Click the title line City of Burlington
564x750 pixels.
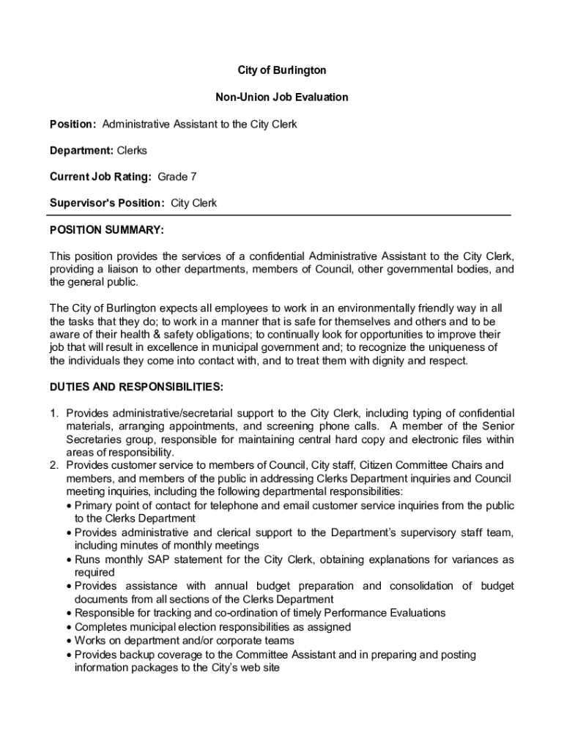tap(282, 70)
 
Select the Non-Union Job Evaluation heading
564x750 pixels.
tap(282, 97)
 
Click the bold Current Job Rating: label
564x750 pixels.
tap(100, 177)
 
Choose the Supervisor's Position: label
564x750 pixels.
tap(106, 203)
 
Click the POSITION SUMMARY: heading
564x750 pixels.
tap(106, 230)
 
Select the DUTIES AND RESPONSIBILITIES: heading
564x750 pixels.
tap(136, 386)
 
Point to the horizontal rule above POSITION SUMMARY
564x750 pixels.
tap(278, 215)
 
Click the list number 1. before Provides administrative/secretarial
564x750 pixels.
tap(54, 413)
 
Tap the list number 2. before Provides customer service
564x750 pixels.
tap(54, 466)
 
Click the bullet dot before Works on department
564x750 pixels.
tap(69, 641)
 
